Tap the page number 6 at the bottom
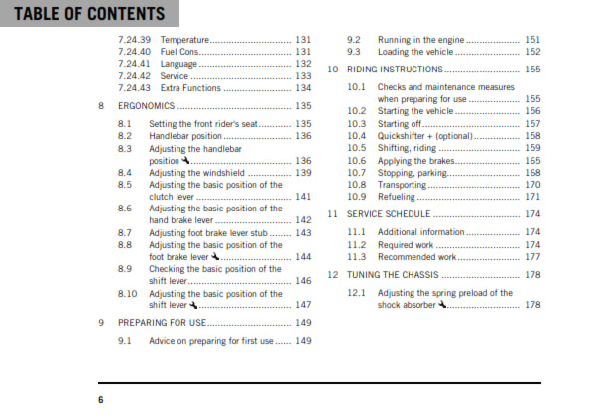pyautogui.click(x=100, y=399)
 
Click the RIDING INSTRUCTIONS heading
pyautogui.click(x=394, y=70)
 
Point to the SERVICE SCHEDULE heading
pyautogui.click(x=388, y=214)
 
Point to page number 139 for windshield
pyautogui.click(x=303, y=172)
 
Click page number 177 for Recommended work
pyautogui.click(x=532, y=256)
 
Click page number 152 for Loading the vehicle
pyautogui.click(x=532, y=51)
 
